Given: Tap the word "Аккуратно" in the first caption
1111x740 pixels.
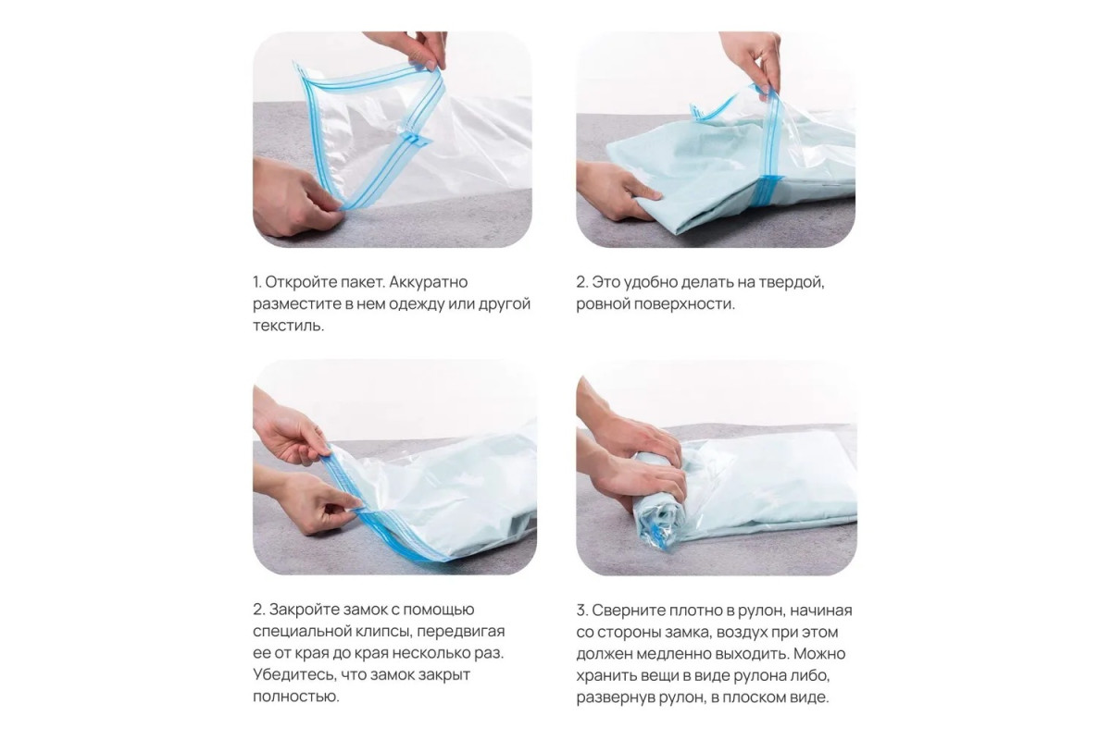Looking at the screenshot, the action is click(429, 282).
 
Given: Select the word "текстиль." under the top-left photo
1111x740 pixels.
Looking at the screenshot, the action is click(289, 326).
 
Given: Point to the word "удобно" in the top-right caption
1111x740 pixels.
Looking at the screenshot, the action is click(650, 283).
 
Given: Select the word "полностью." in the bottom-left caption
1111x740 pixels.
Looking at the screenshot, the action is click(296, 697).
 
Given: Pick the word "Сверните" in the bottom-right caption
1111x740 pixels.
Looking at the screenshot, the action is click(629, 610).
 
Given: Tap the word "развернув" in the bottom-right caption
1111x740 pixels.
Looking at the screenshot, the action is click(615, 697).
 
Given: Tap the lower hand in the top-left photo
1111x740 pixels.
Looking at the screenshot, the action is click(296, 198).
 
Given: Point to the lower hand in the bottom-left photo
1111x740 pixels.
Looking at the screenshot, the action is click(307, 500).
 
